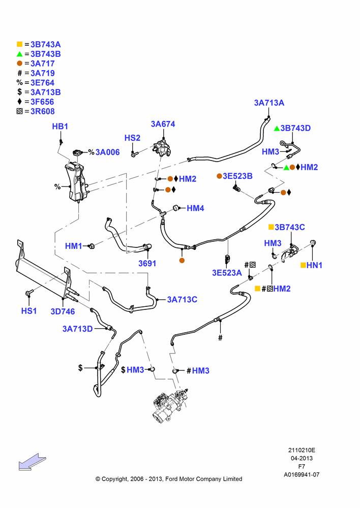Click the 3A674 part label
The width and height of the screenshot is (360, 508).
[163, 124]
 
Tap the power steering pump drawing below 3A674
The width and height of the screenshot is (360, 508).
[163, 148]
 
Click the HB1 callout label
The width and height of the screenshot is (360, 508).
[60, 126]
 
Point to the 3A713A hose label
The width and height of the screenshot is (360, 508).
[269, 103]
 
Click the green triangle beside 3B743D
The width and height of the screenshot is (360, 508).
[277, 129]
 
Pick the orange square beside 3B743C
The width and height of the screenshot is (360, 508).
[271, 227]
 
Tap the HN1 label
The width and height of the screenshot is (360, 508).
[314, 265]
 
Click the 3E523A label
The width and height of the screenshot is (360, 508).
[227, 273]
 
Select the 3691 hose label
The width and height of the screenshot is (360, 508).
[147, 263]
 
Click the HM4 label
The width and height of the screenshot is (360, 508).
[195, 208]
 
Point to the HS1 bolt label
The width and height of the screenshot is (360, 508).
[29, 311]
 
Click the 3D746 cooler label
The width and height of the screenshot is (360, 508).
[63, 312]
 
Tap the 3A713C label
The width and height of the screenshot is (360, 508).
[182, 300]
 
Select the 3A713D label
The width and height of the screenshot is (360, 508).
[77, 329]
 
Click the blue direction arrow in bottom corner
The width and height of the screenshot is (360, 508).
[32, 462]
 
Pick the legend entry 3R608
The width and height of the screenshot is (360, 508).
[43, 111]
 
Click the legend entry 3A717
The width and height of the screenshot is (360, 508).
[43, 64]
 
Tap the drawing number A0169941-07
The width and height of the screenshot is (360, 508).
[302, 475]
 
